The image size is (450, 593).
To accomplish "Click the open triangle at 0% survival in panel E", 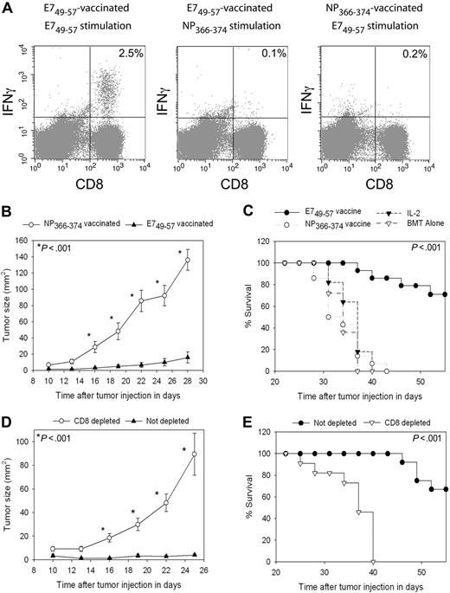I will point(373,561).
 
